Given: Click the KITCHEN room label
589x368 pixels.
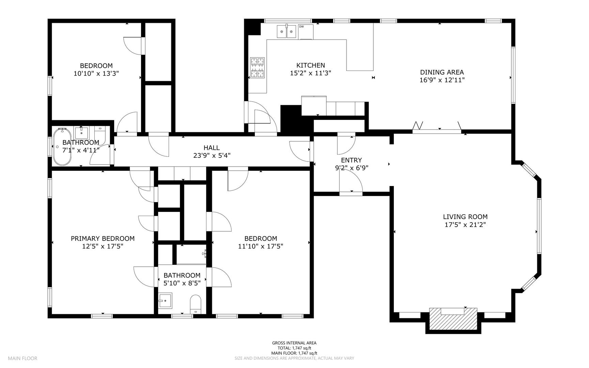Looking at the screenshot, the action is click(310, 65).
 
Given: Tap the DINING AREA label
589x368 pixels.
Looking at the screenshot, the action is click(442, 72).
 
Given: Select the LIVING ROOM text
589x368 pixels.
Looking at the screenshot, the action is click(465, 217).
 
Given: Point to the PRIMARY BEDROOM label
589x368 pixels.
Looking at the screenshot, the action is click(103, 239).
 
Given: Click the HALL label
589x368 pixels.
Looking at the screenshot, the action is click(212, 148).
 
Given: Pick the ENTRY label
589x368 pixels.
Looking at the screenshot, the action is click(351, 160).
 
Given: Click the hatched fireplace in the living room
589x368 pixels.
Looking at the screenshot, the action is click(453, 319).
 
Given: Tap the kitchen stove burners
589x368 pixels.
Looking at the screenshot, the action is click(257, 67).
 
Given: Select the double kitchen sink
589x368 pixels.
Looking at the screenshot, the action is click(286, 31).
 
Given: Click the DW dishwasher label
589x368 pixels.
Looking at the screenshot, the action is click(301, 27).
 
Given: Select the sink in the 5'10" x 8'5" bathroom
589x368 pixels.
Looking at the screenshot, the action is click(165, 300).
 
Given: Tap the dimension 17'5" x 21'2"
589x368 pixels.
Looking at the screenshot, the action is click(465, 225).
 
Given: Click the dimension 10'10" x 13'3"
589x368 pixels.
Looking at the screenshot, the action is click(96, 73).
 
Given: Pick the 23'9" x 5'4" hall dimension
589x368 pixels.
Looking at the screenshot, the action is click(212, 155).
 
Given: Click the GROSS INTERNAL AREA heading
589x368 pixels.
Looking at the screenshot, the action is click(294, 343).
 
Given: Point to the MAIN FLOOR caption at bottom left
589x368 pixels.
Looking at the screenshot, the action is click(22, 358).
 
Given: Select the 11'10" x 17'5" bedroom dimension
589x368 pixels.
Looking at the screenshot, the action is click(261, 246).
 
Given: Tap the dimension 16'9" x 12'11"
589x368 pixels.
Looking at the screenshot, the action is click(442, 80).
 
